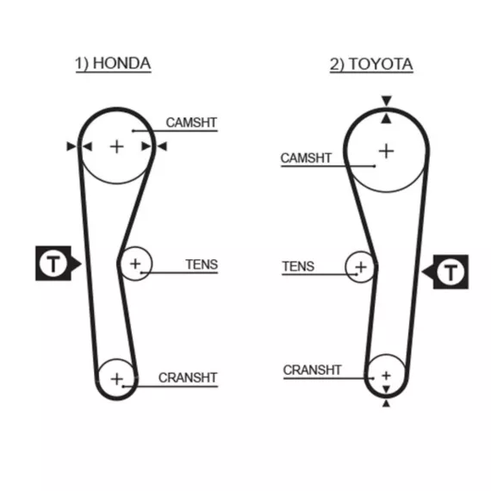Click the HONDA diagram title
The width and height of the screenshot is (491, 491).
(113, 64)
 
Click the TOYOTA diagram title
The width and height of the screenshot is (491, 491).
(371, 65)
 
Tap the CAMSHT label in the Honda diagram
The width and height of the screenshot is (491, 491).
(191, 122)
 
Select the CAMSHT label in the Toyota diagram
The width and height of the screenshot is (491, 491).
(306, 158)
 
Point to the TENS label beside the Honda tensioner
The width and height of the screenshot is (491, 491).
(202, 264)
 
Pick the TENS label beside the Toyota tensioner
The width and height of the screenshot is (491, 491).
(298, 266)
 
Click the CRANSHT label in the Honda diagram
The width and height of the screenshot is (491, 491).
(188, 377)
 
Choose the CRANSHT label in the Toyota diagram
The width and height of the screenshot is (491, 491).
(312, 370)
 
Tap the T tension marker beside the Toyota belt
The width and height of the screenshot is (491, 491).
(445, 272)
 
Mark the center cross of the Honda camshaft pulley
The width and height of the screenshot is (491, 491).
(117, 146)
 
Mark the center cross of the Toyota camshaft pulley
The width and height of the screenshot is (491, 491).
(387, 151)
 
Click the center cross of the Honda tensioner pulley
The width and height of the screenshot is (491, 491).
(135, 264)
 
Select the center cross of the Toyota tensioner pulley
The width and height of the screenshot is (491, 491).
(361, 267)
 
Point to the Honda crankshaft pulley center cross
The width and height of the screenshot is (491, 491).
(117, 379)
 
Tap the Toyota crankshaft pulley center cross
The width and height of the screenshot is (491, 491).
(386, 375)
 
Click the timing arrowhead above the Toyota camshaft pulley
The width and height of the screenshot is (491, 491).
(387, 101)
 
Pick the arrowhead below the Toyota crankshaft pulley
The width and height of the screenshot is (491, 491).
(386, 403)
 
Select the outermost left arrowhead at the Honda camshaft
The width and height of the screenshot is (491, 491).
(71, 146)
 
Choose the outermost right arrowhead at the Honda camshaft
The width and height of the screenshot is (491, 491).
(162, 146)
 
